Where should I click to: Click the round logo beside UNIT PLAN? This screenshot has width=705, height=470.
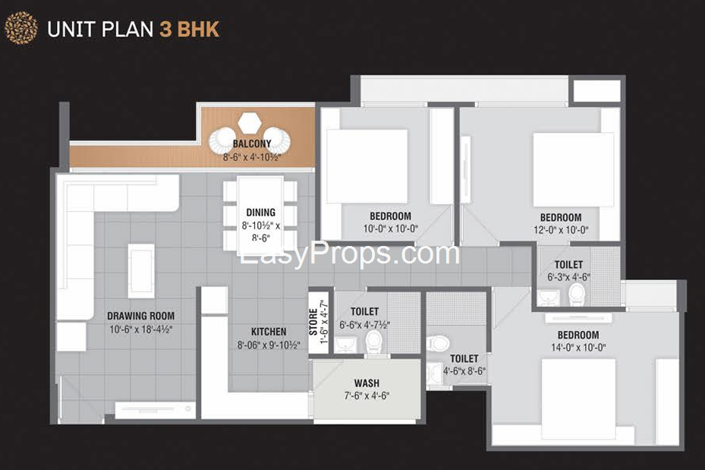pos(21,29)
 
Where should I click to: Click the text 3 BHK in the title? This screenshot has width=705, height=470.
pos(190,30)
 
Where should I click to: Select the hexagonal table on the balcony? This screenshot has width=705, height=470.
pos(250,122)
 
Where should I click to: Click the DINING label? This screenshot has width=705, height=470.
pos(260,213)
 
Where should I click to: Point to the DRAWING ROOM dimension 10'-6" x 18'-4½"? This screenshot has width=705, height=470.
pos(140,329)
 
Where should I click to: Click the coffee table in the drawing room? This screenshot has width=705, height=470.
pos(141,270)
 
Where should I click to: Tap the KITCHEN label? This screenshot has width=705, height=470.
pos(269,332)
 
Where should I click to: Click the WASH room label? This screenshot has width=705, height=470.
pos(367,383)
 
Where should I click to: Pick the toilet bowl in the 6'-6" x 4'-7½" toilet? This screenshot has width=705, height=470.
pos(375,342)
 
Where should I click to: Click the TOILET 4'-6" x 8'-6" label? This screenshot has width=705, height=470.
pos(464,358)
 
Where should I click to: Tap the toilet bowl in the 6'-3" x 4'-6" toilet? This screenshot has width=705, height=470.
pos(578,294)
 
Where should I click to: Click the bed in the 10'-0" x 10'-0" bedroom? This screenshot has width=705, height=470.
pos(367,166)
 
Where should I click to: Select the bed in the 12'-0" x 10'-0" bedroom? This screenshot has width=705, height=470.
pos(573,170)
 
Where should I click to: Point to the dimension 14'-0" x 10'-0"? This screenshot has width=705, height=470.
pos(578,347)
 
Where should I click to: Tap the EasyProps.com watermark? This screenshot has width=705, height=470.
pos(350,254)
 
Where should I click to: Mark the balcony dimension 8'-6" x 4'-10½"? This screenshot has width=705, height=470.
pos(252,158)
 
